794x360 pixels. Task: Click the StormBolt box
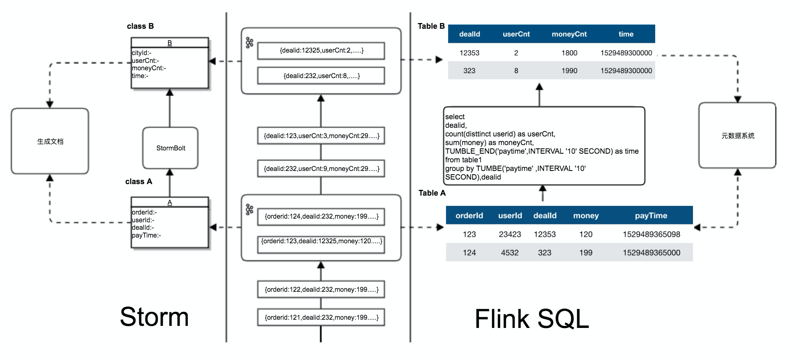tap(170, 148)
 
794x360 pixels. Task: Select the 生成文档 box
tap(50, 141)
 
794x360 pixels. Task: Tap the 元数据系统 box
tap(737, 136)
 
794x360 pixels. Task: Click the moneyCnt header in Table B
tap(569, 34)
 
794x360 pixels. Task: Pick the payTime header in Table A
tap(651, 215)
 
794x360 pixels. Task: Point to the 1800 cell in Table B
tap(569, 53)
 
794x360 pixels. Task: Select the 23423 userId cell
tap(510, 234)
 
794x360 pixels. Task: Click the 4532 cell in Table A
tap(509, 253)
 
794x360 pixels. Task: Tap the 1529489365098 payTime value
tap(651, 234)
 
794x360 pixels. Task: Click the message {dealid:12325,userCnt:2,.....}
tap(321, 51)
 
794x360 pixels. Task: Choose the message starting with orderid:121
tap(321, 317)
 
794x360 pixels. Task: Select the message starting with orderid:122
tap(321, 289)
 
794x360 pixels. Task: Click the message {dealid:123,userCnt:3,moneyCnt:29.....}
tap(321, 136)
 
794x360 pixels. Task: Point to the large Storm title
tap(154, 317)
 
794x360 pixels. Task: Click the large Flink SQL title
tap(532, 319)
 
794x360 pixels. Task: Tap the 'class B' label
tap(140, 26)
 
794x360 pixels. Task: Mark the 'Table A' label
tap(432, 193)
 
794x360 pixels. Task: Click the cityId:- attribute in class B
tap(142, 53)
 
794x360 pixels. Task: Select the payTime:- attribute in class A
tap(146, 235)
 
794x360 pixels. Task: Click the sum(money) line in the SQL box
tap(489, 143)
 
